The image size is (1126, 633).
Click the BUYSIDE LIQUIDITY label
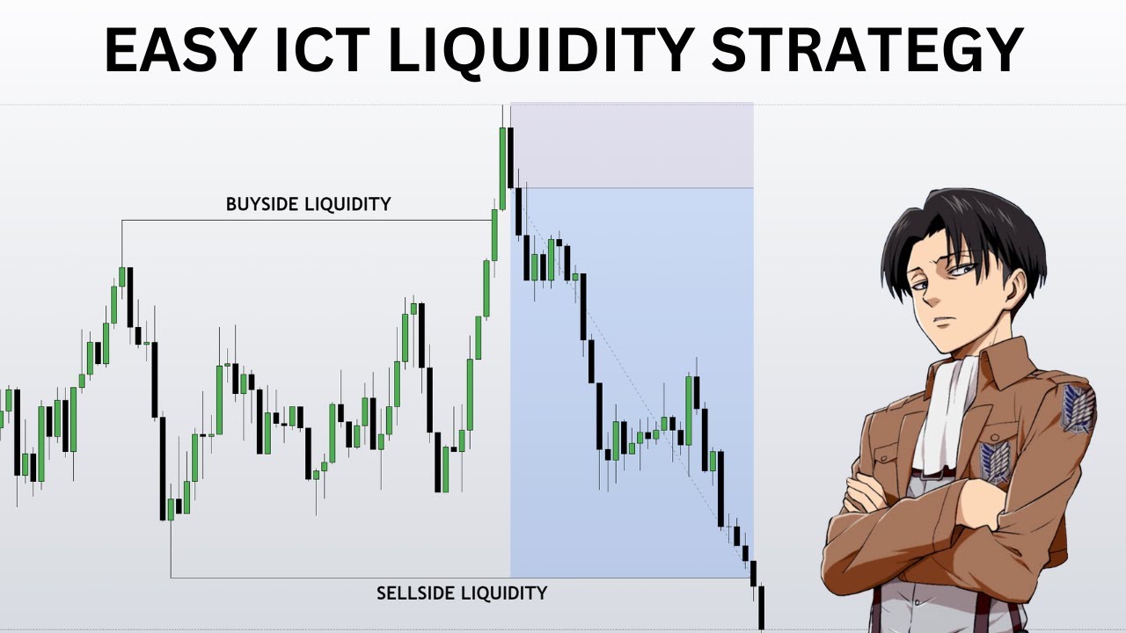(308, 204)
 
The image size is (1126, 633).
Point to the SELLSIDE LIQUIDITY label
(462, 593)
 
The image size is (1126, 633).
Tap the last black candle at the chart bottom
(761, 607)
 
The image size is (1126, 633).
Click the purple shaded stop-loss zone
(632, 145)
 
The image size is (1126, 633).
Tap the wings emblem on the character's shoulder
(1077, 408)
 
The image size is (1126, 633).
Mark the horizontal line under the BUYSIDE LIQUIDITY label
(308, 220)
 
